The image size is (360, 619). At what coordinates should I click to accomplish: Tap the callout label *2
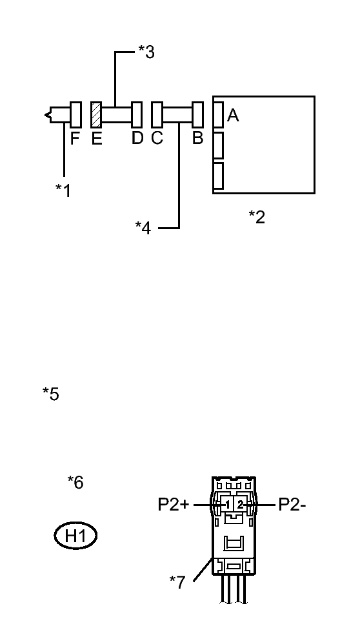click(x=257, y=217)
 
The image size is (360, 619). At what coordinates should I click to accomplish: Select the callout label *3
click(x=146, y=52)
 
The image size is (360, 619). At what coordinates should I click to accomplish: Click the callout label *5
click(x=50, y=394)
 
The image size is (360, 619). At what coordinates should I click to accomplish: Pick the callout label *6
click(x=75, y=482)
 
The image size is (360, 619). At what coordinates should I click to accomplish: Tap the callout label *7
click(x=177, y=582)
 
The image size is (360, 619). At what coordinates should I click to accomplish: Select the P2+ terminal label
click(x=174, y=505)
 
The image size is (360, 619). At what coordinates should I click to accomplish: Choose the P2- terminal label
click(x=292, y=505)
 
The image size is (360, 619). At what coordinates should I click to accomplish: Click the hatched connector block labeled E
click(x=96, y=114)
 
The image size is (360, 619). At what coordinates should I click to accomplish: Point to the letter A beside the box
click(x=234, y=116)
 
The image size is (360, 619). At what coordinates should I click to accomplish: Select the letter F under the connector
click(x=75, y=138)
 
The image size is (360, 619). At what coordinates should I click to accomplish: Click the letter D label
click(x=137, y=138)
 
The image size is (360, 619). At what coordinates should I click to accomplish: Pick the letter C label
click(x=157, y=138)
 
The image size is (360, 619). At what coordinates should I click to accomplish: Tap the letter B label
click(x=198, y=138)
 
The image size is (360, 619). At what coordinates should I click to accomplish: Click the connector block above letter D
click(x=136, y=114)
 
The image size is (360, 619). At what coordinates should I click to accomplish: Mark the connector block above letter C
click(x=156, y=114)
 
